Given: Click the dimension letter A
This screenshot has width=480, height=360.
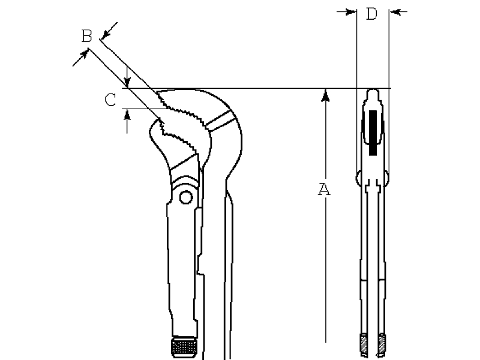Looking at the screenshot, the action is click(324, 189).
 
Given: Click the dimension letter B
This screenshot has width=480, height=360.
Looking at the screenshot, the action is click(86, 36).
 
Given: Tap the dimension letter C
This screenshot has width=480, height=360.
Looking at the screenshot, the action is click(110, 100).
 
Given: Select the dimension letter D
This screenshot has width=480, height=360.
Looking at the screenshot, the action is click(372, 14).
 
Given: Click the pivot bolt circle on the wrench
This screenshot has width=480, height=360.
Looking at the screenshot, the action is click(185, 197).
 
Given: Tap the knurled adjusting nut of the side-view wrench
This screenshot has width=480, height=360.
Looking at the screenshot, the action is click(184, 347).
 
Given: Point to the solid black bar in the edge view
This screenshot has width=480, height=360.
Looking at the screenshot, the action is click(373, 133).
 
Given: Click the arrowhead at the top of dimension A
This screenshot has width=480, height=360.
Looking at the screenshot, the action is click(325, 95).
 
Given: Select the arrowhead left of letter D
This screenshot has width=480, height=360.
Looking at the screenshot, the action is click(351, 12).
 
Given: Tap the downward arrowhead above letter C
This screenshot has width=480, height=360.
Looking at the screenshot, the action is click(127, 82).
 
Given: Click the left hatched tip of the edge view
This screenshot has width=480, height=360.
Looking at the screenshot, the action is click(364, 343).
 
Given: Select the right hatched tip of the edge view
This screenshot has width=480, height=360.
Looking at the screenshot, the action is click(382, 343).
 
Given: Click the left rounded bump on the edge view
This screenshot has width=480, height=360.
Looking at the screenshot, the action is click(358, 178).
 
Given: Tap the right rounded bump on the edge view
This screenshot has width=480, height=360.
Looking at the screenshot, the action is click(386, 178).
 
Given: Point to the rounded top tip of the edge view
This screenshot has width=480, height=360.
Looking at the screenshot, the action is click(373, 93).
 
